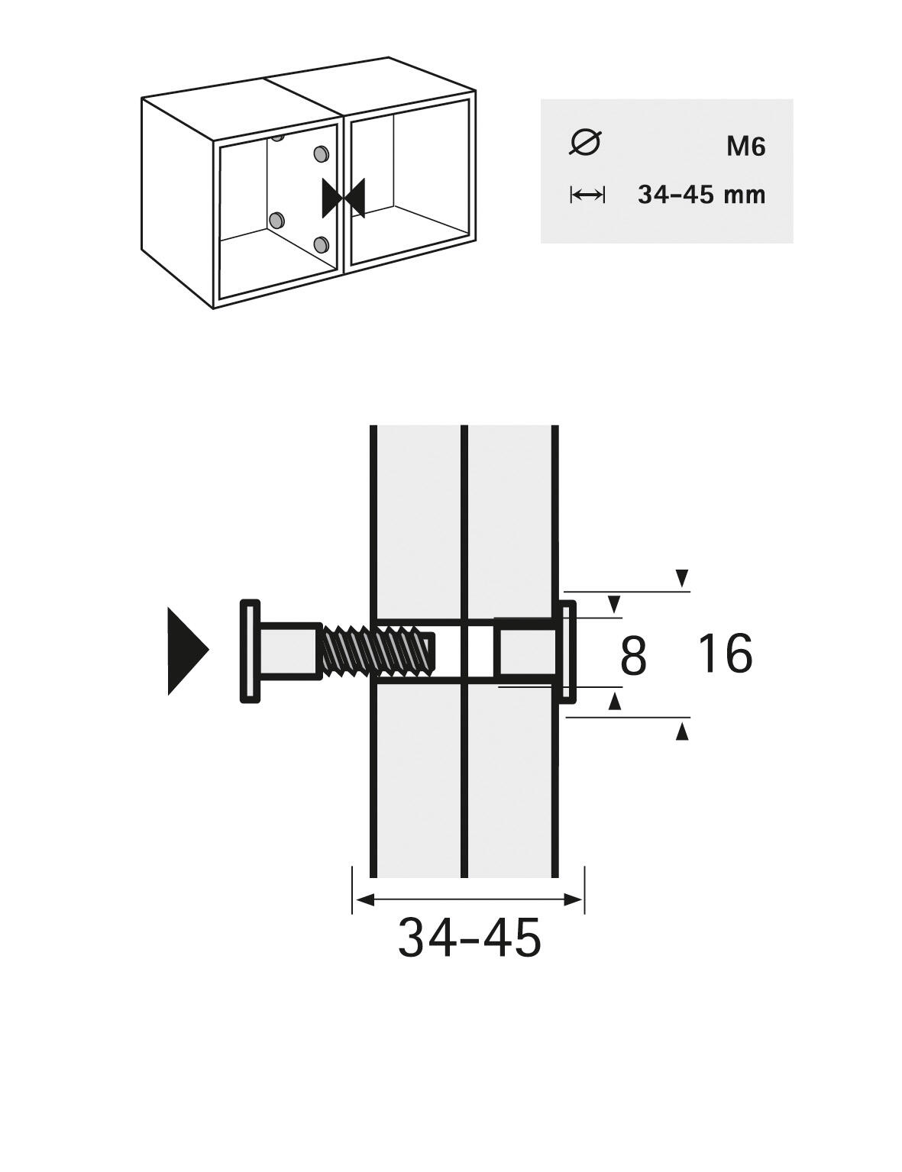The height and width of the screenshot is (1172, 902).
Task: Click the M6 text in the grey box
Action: [x=746, y=147]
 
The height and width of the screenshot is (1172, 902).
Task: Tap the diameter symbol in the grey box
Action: [x=585, y=143]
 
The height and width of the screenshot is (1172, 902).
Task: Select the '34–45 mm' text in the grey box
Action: [x=701, y=194]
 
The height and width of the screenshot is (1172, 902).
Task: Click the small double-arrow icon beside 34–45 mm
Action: [x=587, y=195]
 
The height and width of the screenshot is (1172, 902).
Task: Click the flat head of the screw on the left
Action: [x=250, y=651]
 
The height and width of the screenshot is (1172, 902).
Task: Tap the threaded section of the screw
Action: [x=377, y=651]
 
